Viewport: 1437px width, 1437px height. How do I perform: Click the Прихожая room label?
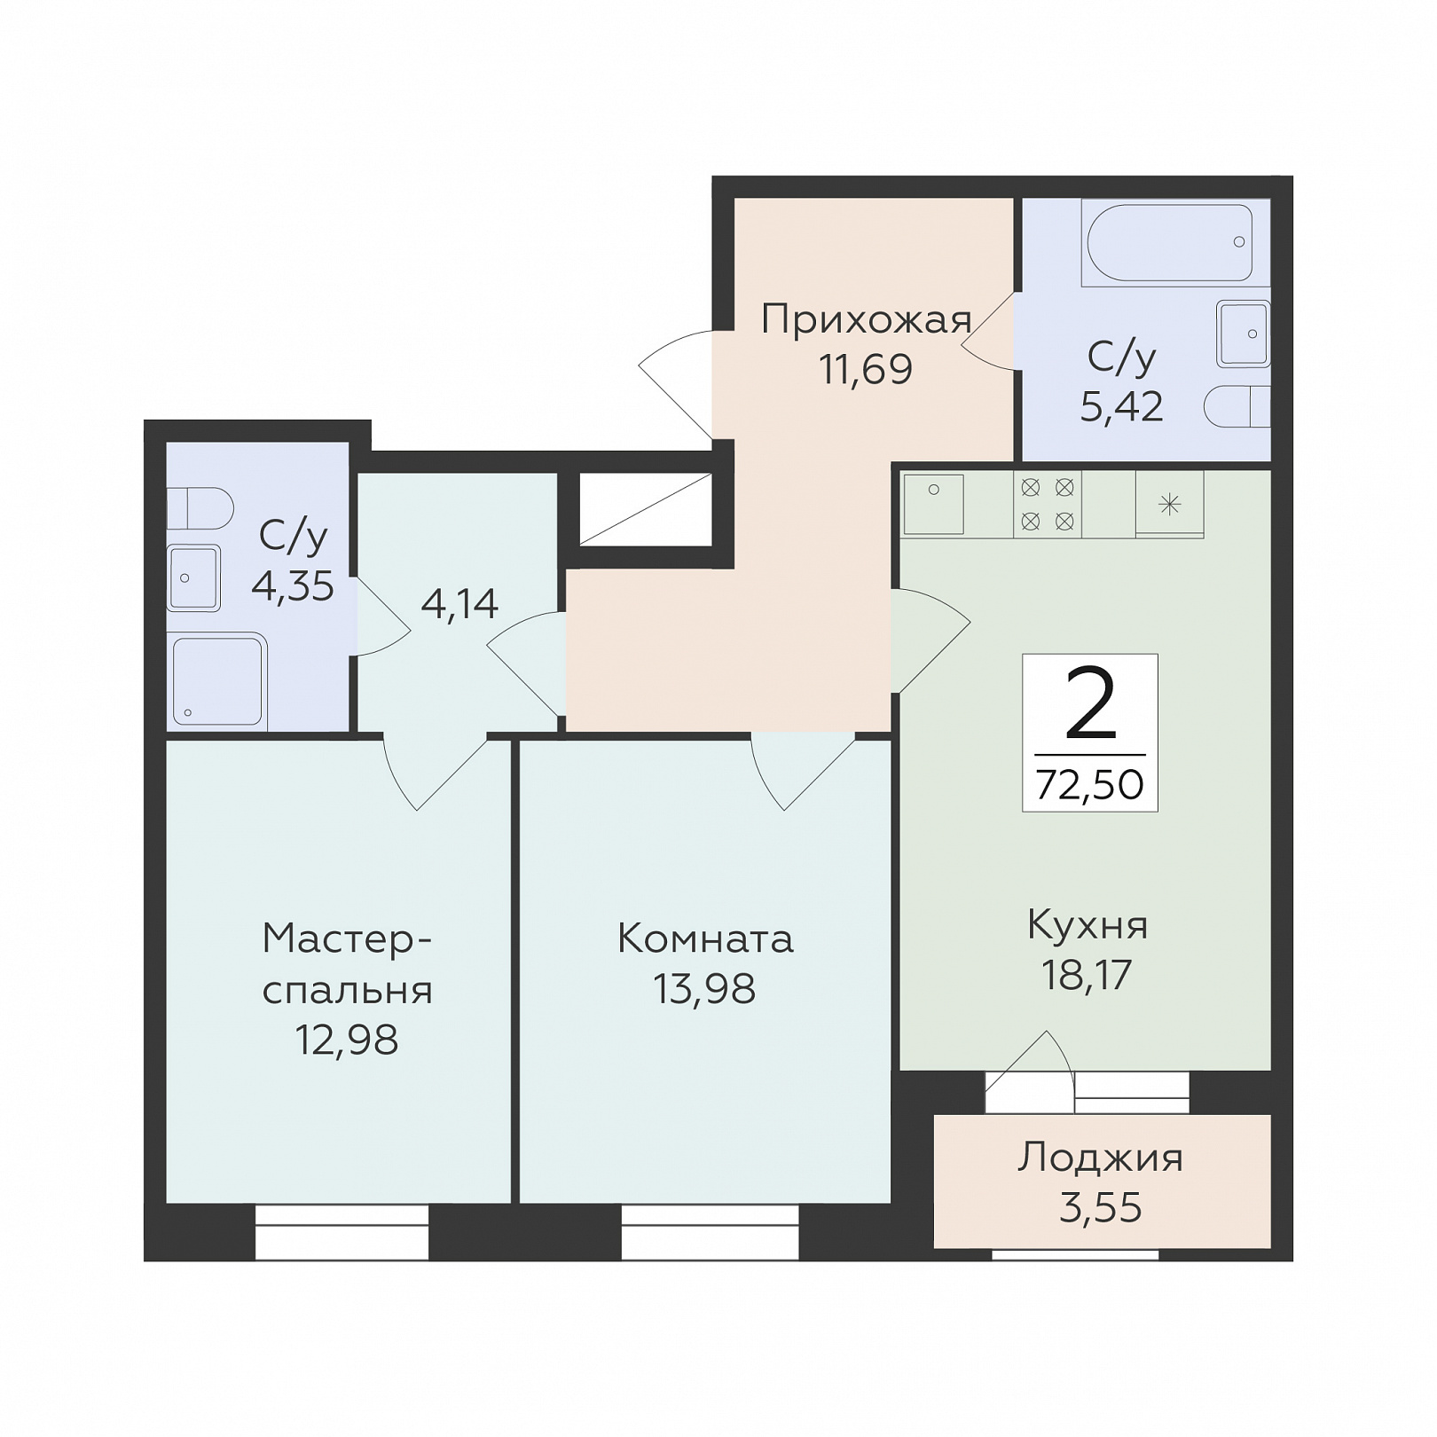[867, 320]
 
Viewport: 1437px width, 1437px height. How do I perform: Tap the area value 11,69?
[866, 369]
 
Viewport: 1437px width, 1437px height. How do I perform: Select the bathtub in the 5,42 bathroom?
[1167, 242]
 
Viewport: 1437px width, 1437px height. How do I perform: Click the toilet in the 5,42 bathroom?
[1237, 407]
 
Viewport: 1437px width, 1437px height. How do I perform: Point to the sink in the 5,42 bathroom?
[1243, 334]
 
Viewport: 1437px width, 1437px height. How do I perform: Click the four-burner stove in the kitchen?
[1048, 505]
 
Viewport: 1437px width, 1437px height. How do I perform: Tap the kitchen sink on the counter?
[933, 504]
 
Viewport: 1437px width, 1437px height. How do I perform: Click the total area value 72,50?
[1090, 785]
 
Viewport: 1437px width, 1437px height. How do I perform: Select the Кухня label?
[1088, 925]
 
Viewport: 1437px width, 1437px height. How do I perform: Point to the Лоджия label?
[1101, 1158]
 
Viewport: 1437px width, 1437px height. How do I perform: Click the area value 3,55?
[1101, 1207]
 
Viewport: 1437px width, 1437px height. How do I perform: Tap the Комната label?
[705, 938]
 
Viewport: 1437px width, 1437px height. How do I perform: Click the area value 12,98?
[347, 1040]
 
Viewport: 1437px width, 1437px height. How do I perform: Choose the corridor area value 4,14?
[459, 604]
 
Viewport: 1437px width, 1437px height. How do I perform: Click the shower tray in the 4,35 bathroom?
[217, 681]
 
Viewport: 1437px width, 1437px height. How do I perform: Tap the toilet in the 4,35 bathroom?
[200, 507]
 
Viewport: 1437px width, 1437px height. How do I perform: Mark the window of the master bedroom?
[342, 1231]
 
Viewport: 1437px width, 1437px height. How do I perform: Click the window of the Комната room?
[710, 1231]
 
